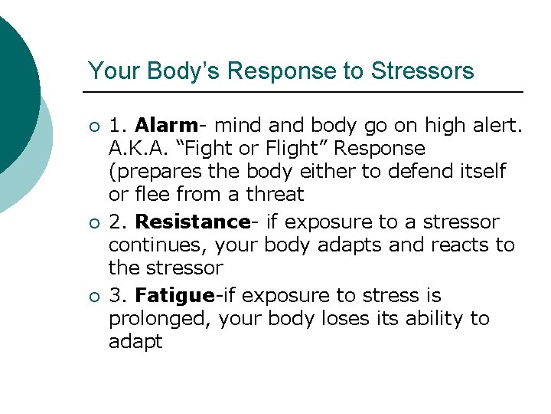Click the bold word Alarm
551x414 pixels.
[166, 124]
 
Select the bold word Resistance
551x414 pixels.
[191, 222]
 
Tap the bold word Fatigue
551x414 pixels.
[174, 296]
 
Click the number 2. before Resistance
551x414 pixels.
[119, 222]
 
